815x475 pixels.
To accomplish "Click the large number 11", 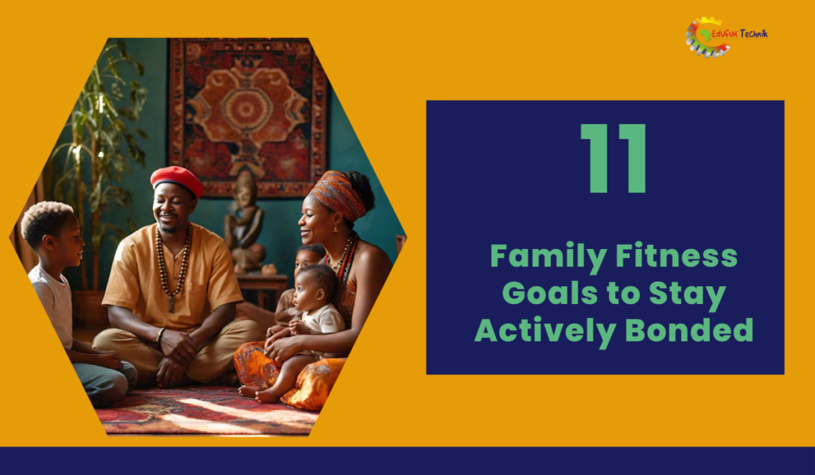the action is [x=614, y=158].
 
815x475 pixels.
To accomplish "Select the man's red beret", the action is [x=177, y=180].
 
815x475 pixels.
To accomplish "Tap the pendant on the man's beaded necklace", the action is [x=172, y=303].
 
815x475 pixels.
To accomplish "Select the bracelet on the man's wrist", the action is [x=161, y=335].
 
